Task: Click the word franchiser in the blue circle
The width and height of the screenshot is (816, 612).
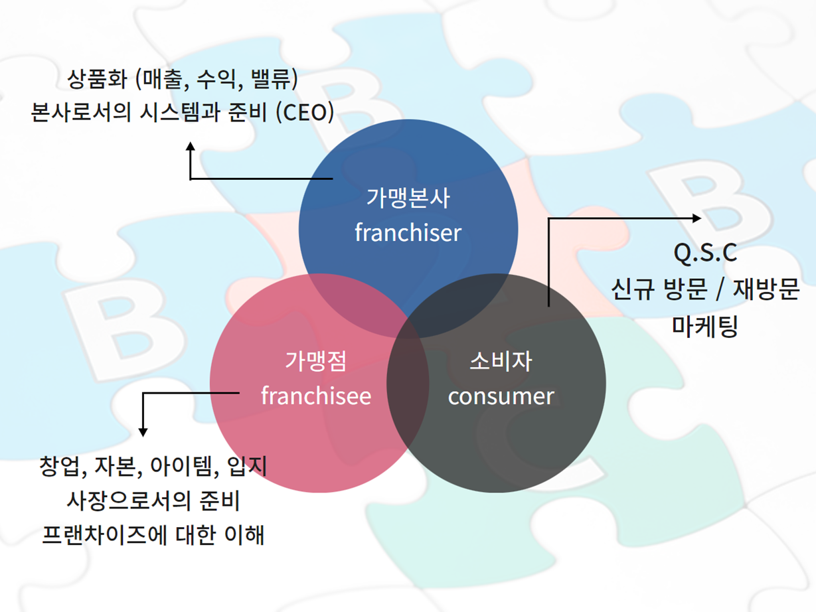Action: pyautogui.click(x=408, y=232)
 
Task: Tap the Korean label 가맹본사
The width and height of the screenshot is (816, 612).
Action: pyautogui.click(x=408, y=198)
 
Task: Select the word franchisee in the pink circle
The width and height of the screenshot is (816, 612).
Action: pyautogui.click(x=316, y=396)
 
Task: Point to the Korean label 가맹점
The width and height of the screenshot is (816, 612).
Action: pyautogui.click(x=316, y=361)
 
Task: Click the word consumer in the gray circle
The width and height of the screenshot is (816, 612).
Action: pyautogui.click(x=501, y=397)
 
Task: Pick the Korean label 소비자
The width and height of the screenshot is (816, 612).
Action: pyautogui.click(x=501, y=361)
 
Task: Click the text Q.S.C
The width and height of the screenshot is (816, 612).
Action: pyautogui.click(x=705, y=254)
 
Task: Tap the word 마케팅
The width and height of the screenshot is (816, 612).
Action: pyautogui.click(x=705, y=326)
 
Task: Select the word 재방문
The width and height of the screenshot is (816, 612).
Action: pyautogui.click(x=766, y=289)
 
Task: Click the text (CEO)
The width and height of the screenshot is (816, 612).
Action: pyautogui.click(x=305, y=112)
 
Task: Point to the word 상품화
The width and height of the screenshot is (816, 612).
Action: pyautogui.click(x=97, y=79)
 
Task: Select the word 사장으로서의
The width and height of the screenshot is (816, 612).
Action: pyautogui.click(x=129, y=500)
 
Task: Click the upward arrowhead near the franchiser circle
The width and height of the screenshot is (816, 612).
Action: pyautogui.click(x=191, y=146)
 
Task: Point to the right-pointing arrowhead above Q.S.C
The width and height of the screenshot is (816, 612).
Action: pyautogui.click(x=696, y=218)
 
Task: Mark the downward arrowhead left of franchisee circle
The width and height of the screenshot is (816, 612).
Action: pyautogui.click(x=143, y=433)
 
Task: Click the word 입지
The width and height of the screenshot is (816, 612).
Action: pyautogui.click(x=247, y=466)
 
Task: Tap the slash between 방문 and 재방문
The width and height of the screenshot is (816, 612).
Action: pyautogui.click(x=720, y=289)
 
